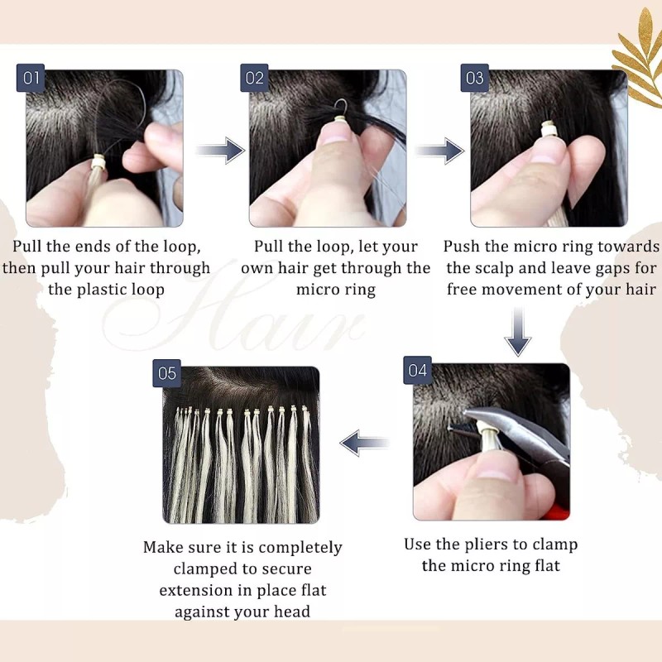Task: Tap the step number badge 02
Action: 255,79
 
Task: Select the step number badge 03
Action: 474,79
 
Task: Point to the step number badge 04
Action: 417,370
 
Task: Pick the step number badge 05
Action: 167,373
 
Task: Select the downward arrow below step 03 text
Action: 518,330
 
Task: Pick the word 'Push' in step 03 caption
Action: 461,247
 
